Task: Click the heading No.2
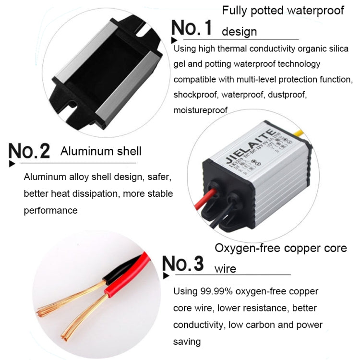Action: [30, 152]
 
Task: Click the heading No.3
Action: [183, 264]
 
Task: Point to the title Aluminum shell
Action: [101, 152]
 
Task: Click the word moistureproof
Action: [200, 110]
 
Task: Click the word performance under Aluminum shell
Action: [50, 210]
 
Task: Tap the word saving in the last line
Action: [187, 342]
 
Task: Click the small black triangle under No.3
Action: [166, 276]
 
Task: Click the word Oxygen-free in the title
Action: [243, 249]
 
